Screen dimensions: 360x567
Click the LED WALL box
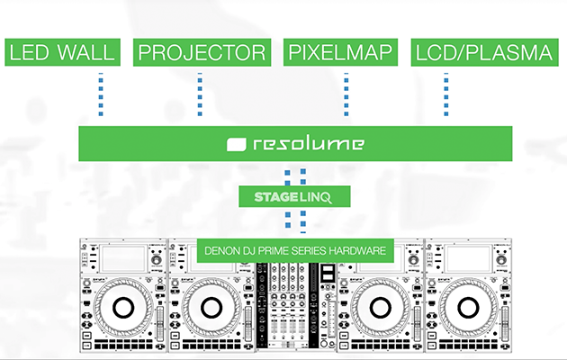pyautogui.click(x=62, y=52)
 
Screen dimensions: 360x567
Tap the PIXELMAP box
pyautogui.click(x=341, y=52)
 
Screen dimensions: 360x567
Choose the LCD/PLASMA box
pyautogui.click(x=482, y=52)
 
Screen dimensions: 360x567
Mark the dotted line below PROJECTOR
pyautogui.click(x=200, y=95)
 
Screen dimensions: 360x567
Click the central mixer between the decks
pyautogui.click(x=296, y=306)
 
